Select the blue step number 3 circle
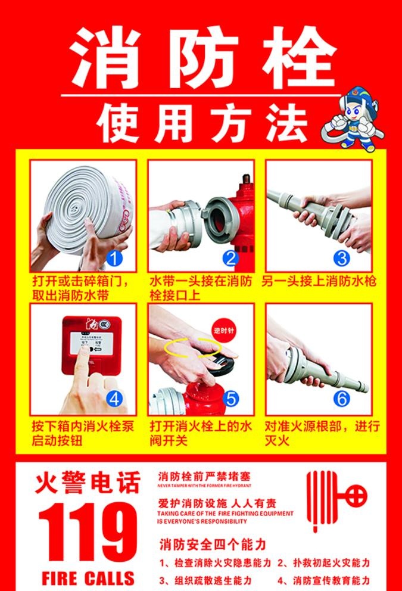tap(341, 259)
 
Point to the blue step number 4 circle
tap(116, 397)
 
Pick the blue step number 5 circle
tap(232, 397)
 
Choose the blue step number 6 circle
tap(341, 397)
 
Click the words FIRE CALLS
tap(88, 577)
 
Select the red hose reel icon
tap(335, 500)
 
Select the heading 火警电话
tap(88, 483)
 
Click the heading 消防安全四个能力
tap(212, 545)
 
